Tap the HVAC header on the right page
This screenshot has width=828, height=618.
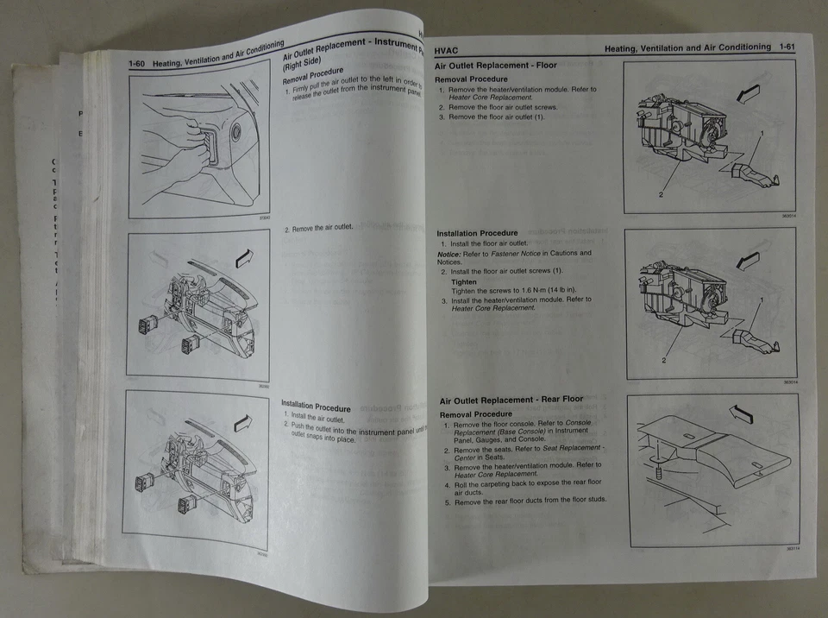click(448, 51)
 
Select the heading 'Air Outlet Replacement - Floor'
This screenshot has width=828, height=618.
click(495, 66)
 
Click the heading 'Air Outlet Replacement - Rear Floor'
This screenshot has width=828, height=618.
click(511, 400)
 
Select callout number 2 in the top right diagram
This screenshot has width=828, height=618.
click(661, 195)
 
